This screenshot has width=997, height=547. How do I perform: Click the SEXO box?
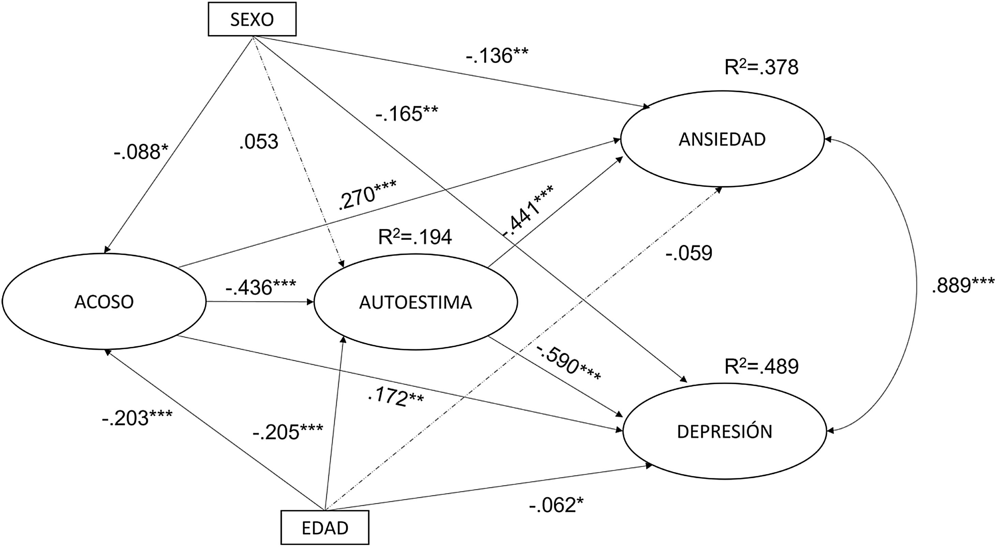[252, 19]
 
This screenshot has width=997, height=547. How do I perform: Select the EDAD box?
[325, 528]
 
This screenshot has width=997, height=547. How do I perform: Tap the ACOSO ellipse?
[104, 302]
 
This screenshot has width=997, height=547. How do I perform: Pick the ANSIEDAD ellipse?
[722, 139]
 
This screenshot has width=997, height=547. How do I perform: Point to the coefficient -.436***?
[261, 287]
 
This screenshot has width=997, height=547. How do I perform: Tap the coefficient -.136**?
[497, 56]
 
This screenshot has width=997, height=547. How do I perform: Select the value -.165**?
[406, 114]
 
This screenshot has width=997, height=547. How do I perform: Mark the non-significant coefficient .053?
[259, 142]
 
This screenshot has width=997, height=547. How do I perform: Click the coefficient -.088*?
[142, 152]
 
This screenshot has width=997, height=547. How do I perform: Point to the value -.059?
[689, 254]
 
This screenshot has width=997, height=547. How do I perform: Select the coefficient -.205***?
[288, 432]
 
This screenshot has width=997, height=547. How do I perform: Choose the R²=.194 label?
[415, 237]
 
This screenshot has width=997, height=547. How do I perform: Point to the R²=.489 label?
[761, 367]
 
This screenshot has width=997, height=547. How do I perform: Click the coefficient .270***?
[367, 196]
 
